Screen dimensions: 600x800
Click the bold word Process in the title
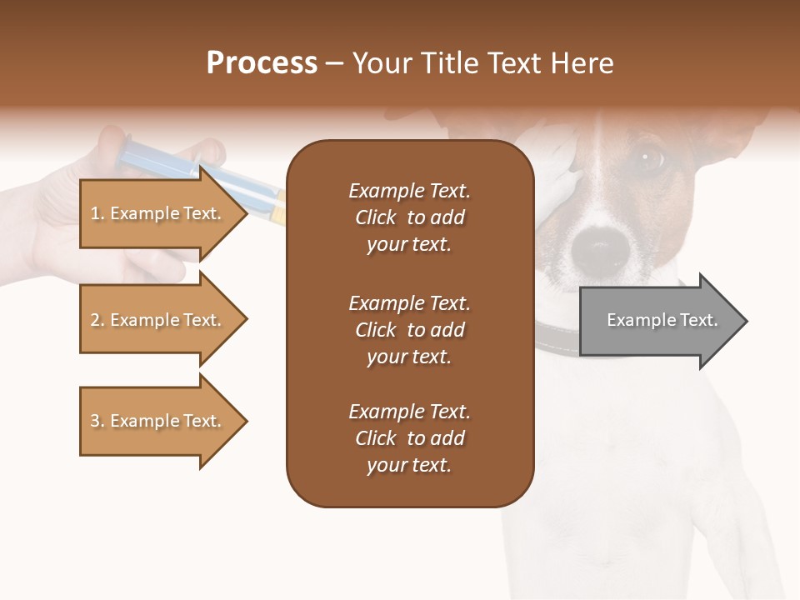click(x=262, y=63)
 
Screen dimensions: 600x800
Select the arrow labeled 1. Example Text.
click(x=158, y=213)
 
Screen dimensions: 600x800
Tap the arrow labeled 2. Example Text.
click(x=158, y=320)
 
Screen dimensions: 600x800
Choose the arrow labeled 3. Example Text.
click(x=158, y=421)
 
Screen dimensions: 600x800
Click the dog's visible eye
click(x=649, y=157)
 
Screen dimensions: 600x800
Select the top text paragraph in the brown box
click(x=409, y=217)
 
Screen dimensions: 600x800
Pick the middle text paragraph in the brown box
click(x=409, y=330)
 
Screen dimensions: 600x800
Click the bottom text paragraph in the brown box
click(x=409, y=438)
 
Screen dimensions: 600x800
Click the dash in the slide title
click(x=335, y=64)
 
